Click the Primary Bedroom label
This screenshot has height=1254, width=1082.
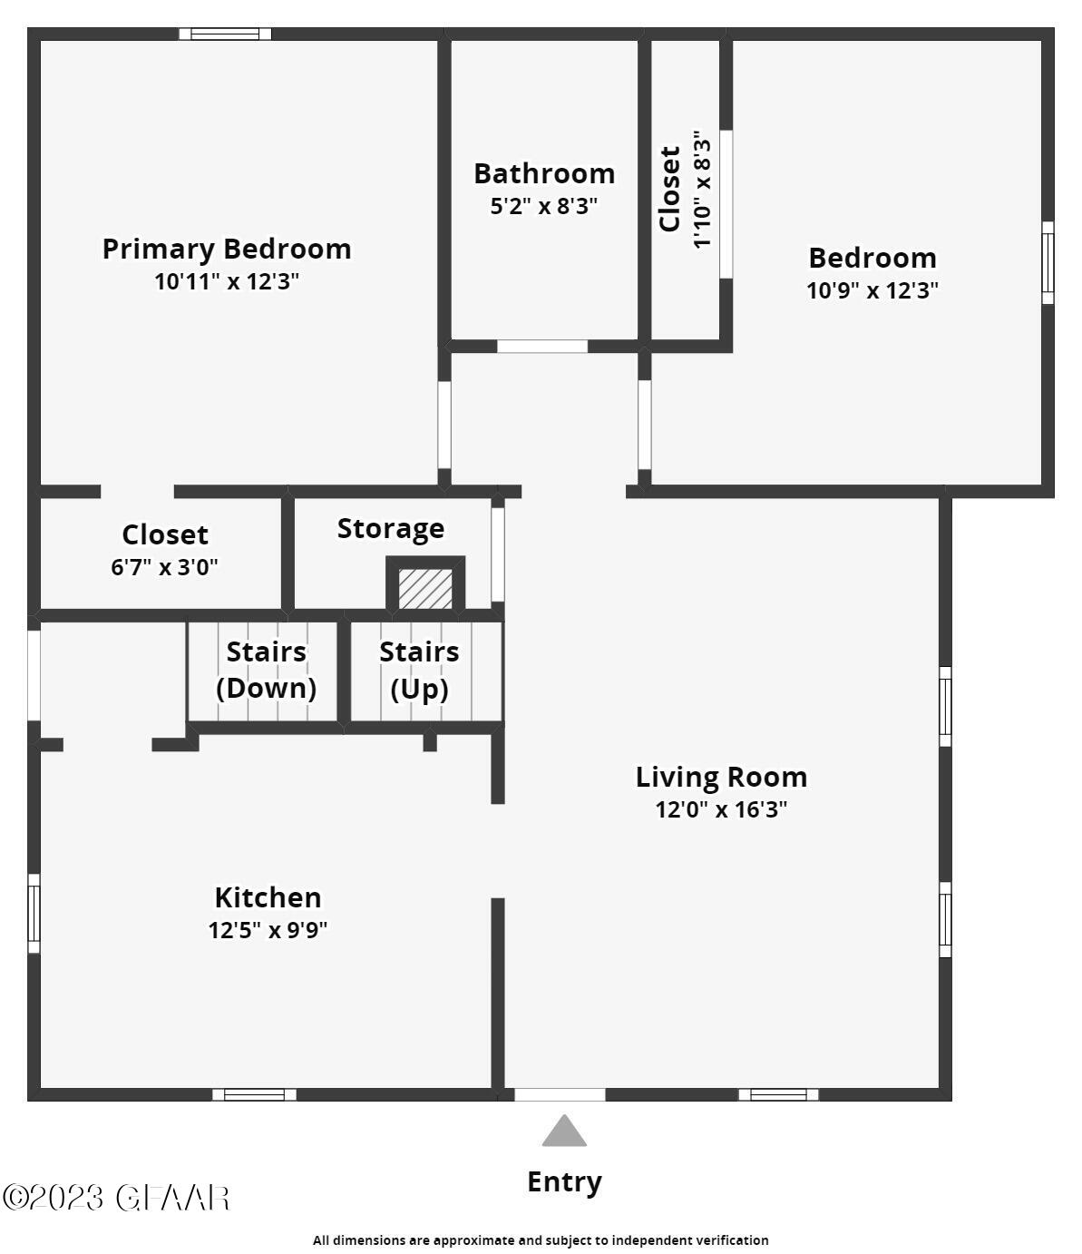(x=226, y=249)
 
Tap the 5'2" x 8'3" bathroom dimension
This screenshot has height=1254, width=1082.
(x=544, y=207)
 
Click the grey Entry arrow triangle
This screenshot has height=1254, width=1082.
(x=564, y=1132)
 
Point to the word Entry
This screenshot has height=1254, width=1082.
(x=564, y=1182)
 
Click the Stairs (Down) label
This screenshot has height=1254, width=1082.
(x=266, y=670)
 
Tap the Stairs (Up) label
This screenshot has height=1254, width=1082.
(x=419, y=670)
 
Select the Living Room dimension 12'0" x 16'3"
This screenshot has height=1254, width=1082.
(x=721, y=809)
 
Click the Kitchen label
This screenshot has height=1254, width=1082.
(x=268, y=897)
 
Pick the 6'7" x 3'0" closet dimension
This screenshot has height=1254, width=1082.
(x=164, y=568)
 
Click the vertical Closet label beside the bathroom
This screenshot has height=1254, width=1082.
(x=669, y=189)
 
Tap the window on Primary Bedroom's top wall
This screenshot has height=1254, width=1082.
(x=225, y=34)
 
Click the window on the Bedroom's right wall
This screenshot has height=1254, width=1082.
(x=1048, y=262)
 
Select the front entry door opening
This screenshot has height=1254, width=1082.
(x=560, y=1094)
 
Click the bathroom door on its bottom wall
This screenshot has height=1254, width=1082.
(x=542, y=347)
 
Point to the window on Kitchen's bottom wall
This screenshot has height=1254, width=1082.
(x=254, y=1094)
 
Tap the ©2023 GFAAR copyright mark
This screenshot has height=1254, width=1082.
(x=116, y=1198)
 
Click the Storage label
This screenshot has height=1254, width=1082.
(x=391, y=529)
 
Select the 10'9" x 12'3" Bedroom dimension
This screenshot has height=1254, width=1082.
(x=872, y=291)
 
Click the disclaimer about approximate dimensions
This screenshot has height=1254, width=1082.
(x=541, y=1240)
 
